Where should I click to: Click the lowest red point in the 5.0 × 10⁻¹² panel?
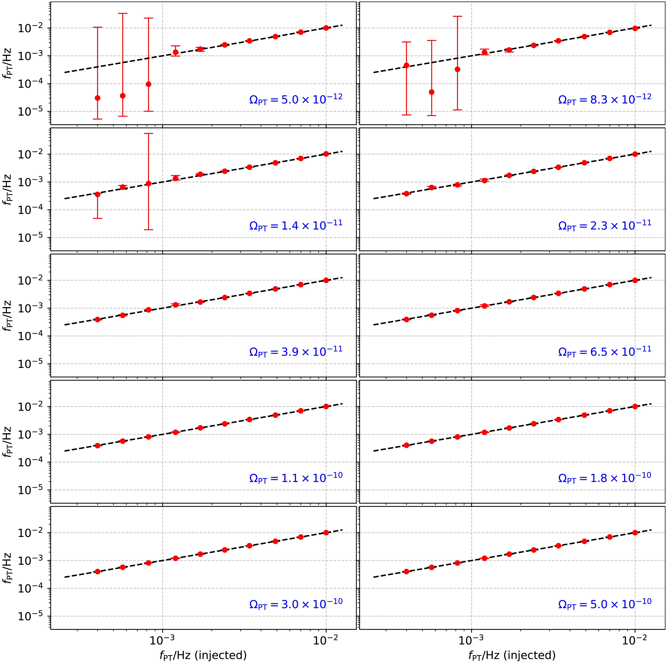pyautogui.click(x=98, y=98)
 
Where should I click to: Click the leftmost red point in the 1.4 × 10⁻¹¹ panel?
pyautogui.click(x=98, y=194)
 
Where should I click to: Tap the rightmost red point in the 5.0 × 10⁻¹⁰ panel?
pyautogui.click(x=635, y=532)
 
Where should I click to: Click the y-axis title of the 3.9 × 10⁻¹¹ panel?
pyautogui.click(x=8, y=316)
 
